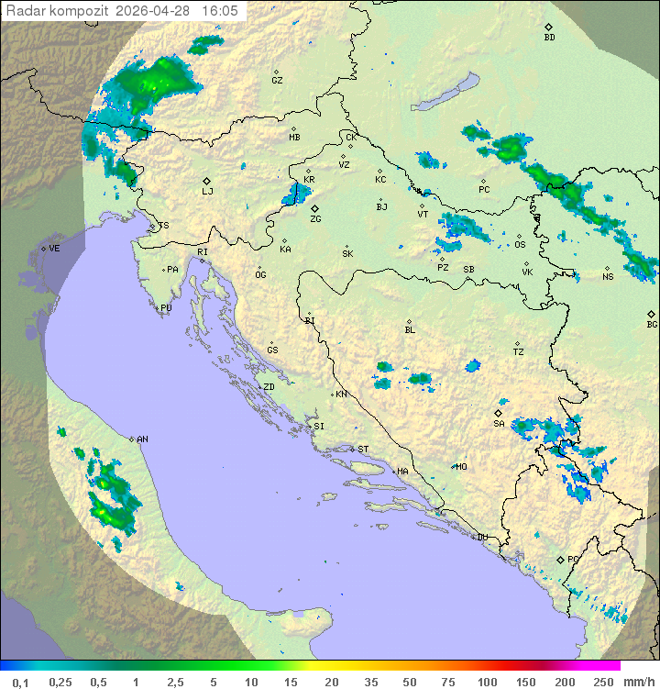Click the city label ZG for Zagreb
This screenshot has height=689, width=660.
click(x=315, y=219)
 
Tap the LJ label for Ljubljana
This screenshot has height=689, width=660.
click(x=207, y=191)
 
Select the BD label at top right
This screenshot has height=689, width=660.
click(x=549, y=38)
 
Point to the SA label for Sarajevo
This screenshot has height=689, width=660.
click(x=499, y=424)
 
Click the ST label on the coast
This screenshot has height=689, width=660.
click(x=363, y=450)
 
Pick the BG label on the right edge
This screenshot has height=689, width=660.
click(x=652, y=324)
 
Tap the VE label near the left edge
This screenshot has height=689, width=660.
click(x=54, y=249)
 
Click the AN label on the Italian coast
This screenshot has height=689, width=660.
click(x=142, y=439)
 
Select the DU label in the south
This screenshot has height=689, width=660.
click(x=481, y=538)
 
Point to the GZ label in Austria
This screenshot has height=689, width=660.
click(x=277, y=81)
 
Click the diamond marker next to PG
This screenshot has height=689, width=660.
click(x=560, y=559)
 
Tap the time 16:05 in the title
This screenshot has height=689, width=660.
click(x=220, y=10)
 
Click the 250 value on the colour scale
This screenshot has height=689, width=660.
click(x=602, y=682)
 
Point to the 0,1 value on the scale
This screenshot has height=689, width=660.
click(x=19, y=682)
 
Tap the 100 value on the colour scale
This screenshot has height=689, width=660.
click(x=487, y=682)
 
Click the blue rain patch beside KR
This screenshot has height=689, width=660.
click(x=295, y=194)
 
